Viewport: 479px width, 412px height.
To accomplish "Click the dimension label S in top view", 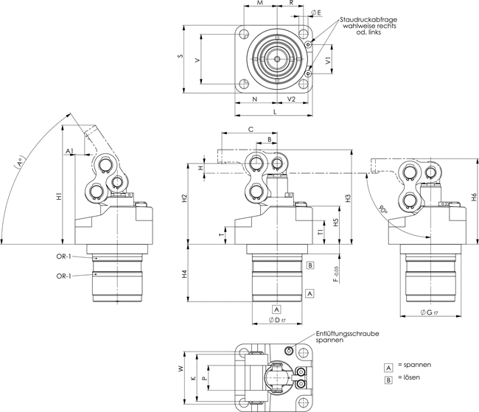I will [x=181, y=57].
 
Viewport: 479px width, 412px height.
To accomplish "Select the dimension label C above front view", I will [x=251, y=128].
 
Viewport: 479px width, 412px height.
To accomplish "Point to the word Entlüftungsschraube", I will [x=347, y=334].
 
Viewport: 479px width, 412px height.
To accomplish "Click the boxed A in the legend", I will [x=388, y=366].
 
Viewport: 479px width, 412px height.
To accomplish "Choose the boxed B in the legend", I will [x=388, y=378].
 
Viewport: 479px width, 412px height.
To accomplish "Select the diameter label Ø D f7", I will [x=276, y=321].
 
